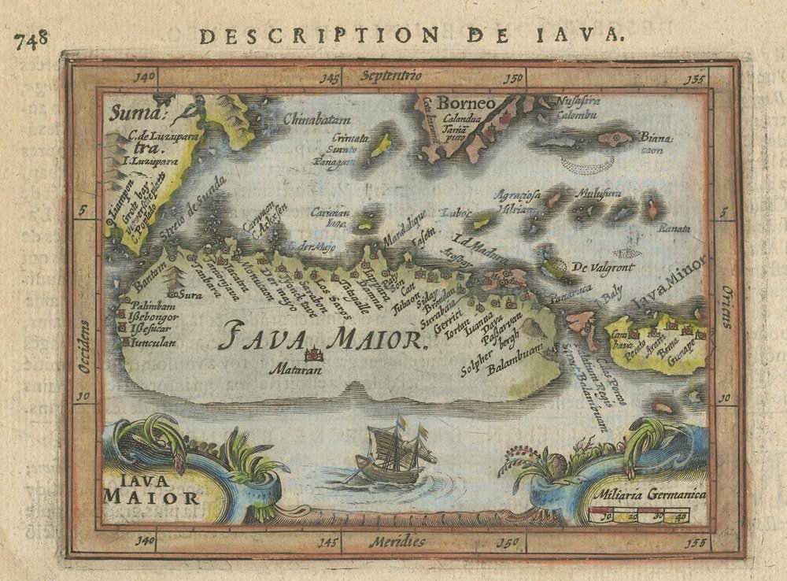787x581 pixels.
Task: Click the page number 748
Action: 31,37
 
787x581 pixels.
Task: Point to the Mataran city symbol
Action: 313,355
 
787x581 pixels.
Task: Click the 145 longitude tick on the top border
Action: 329,78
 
